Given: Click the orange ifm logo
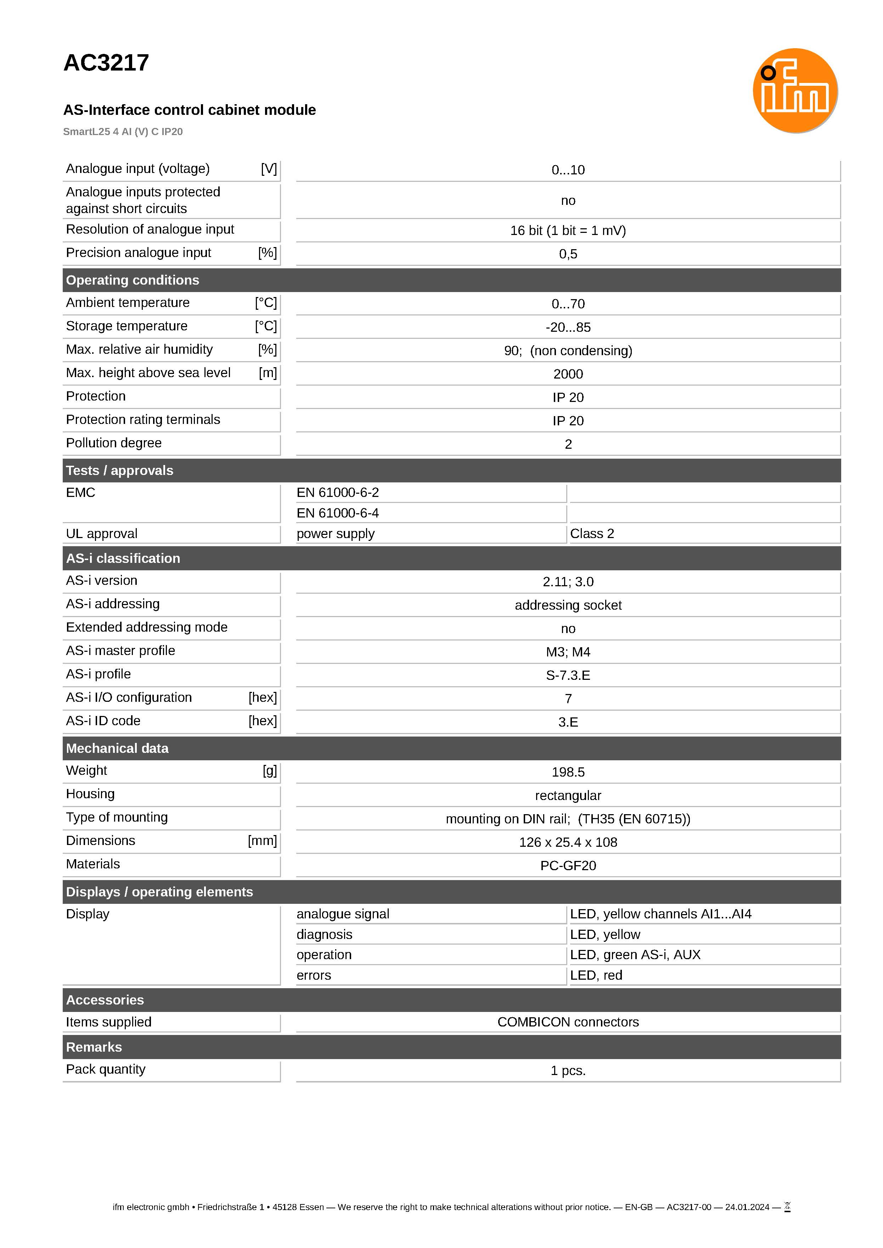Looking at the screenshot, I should coord(794,91).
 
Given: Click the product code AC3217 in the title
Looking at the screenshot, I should coord(106,63).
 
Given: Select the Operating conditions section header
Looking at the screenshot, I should coord(133,280).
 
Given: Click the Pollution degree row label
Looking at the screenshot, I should coord(114,443).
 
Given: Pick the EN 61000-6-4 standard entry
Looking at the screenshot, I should coord(338,513).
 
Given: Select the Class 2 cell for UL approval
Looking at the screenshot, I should coord(592,533).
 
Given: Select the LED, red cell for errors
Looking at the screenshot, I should coord(596,975).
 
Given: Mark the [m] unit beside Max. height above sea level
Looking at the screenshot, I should coord(268,373).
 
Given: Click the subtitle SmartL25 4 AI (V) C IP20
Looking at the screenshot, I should coord(123,131).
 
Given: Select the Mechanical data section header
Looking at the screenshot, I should coord(117,748).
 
